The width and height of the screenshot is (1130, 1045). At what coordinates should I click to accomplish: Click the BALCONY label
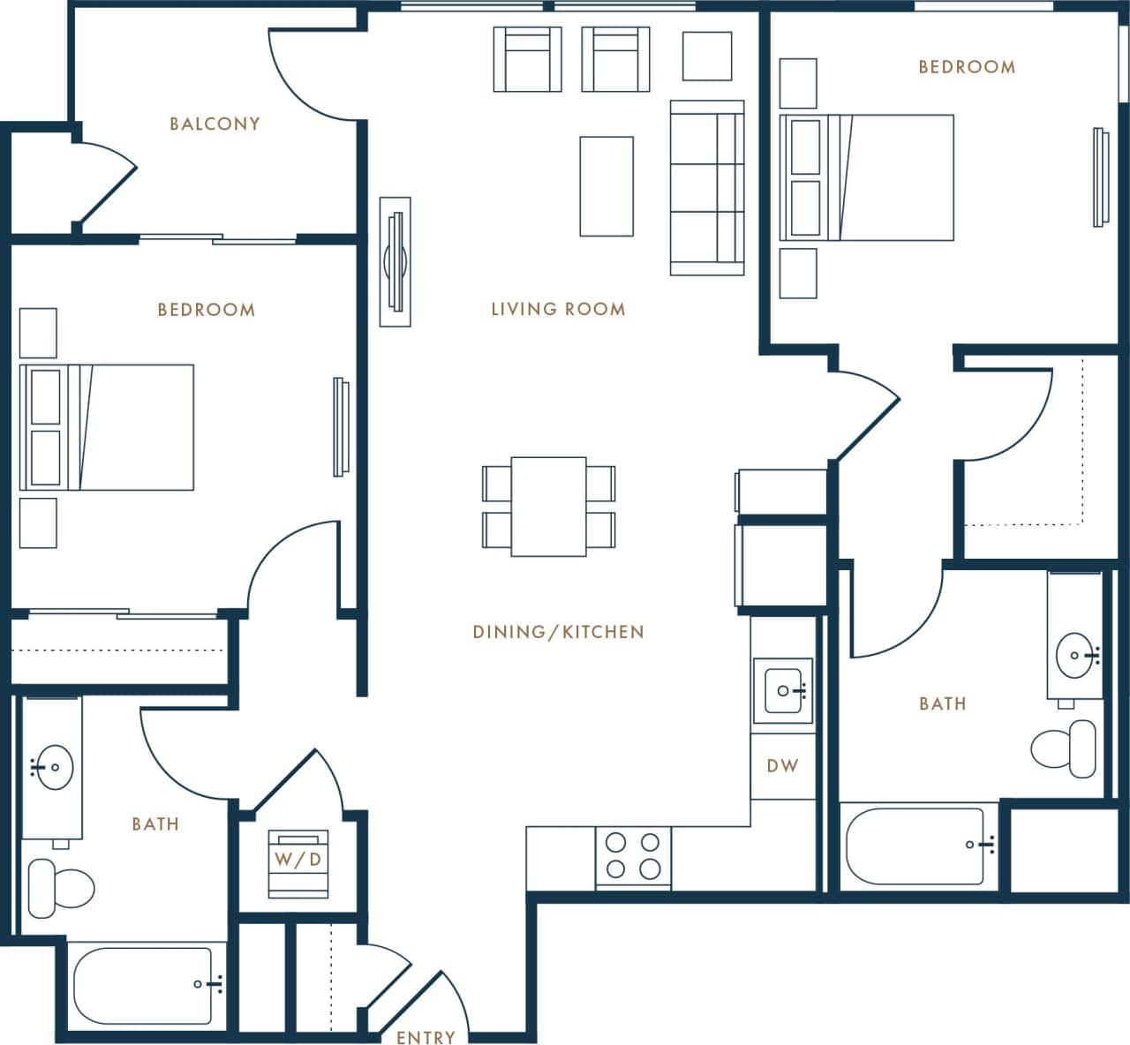[215, 124]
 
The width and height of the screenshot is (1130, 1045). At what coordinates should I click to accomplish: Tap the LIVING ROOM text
[558, 309]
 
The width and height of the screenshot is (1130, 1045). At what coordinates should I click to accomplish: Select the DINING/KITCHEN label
[558, 632]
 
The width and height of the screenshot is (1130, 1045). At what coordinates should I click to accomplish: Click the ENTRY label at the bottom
[426, 1037]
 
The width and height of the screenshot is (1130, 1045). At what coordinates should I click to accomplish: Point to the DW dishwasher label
[782, 765]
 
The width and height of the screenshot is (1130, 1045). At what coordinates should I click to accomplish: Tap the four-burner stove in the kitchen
[633, 856]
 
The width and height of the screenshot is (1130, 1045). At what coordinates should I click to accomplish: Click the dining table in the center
[548, 507]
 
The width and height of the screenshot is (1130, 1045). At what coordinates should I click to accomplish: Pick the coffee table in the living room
[606, 186]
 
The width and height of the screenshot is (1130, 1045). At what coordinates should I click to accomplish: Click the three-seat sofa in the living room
[706, 187]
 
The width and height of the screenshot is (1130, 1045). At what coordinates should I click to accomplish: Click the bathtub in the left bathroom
[143, 985]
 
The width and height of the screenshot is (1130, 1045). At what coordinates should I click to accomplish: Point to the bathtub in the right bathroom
[915, 846]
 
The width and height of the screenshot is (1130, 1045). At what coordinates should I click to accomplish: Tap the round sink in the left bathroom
[52, 767]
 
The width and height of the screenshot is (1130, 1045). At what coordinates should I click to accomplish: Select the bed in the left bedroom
[107, 427]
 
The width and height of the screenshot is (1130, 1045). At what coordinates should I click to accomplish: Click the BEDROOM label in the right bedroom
[967, 67]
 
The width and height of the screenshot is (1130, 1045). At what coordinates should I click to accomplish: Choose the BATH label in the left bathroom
[155, 824]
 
